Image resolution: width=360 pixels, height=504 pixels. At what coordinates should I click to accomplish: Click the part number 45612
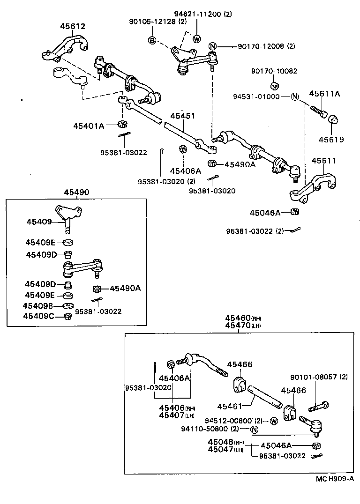pyautogui.click(x=72, y=26)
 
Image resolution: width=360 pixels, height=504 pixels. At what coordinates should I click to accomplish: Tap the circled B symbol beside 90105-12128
pyautogui.click(x=152, y=41)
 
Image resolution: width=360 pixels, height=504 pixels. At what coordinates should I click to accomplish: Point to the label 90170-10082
pyautogui.click(x=274, y=71)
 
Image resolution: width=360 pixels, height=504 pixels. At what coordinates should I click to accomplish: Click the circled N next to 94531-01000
pyautogui.click(x=294, y=97)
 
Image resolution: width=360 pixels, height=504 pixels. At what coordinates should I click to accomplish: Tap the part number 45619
pyautogui.click(x=331, y=139)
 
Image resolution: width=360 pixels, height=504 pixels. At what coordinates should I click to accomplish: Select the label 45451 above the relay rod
pyautogui.click(x=182, y=116)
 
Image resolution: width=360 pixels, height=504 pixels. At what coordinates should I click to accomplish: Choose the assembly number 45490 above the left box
pyautogui.click(x=76, y=192)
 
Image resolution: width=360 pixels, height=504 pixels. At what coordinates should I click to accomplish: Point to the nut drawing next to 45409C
pyautogui.click(x=67, y=317)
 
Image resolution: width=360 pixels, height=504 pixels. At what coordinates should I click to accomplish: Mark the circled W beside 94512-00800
pyautogui.click(x=274, y=421)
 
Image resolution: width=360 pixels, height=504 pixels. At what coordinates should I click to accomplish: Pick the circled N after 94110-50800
pyautogui.click(x=254, y=430)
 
